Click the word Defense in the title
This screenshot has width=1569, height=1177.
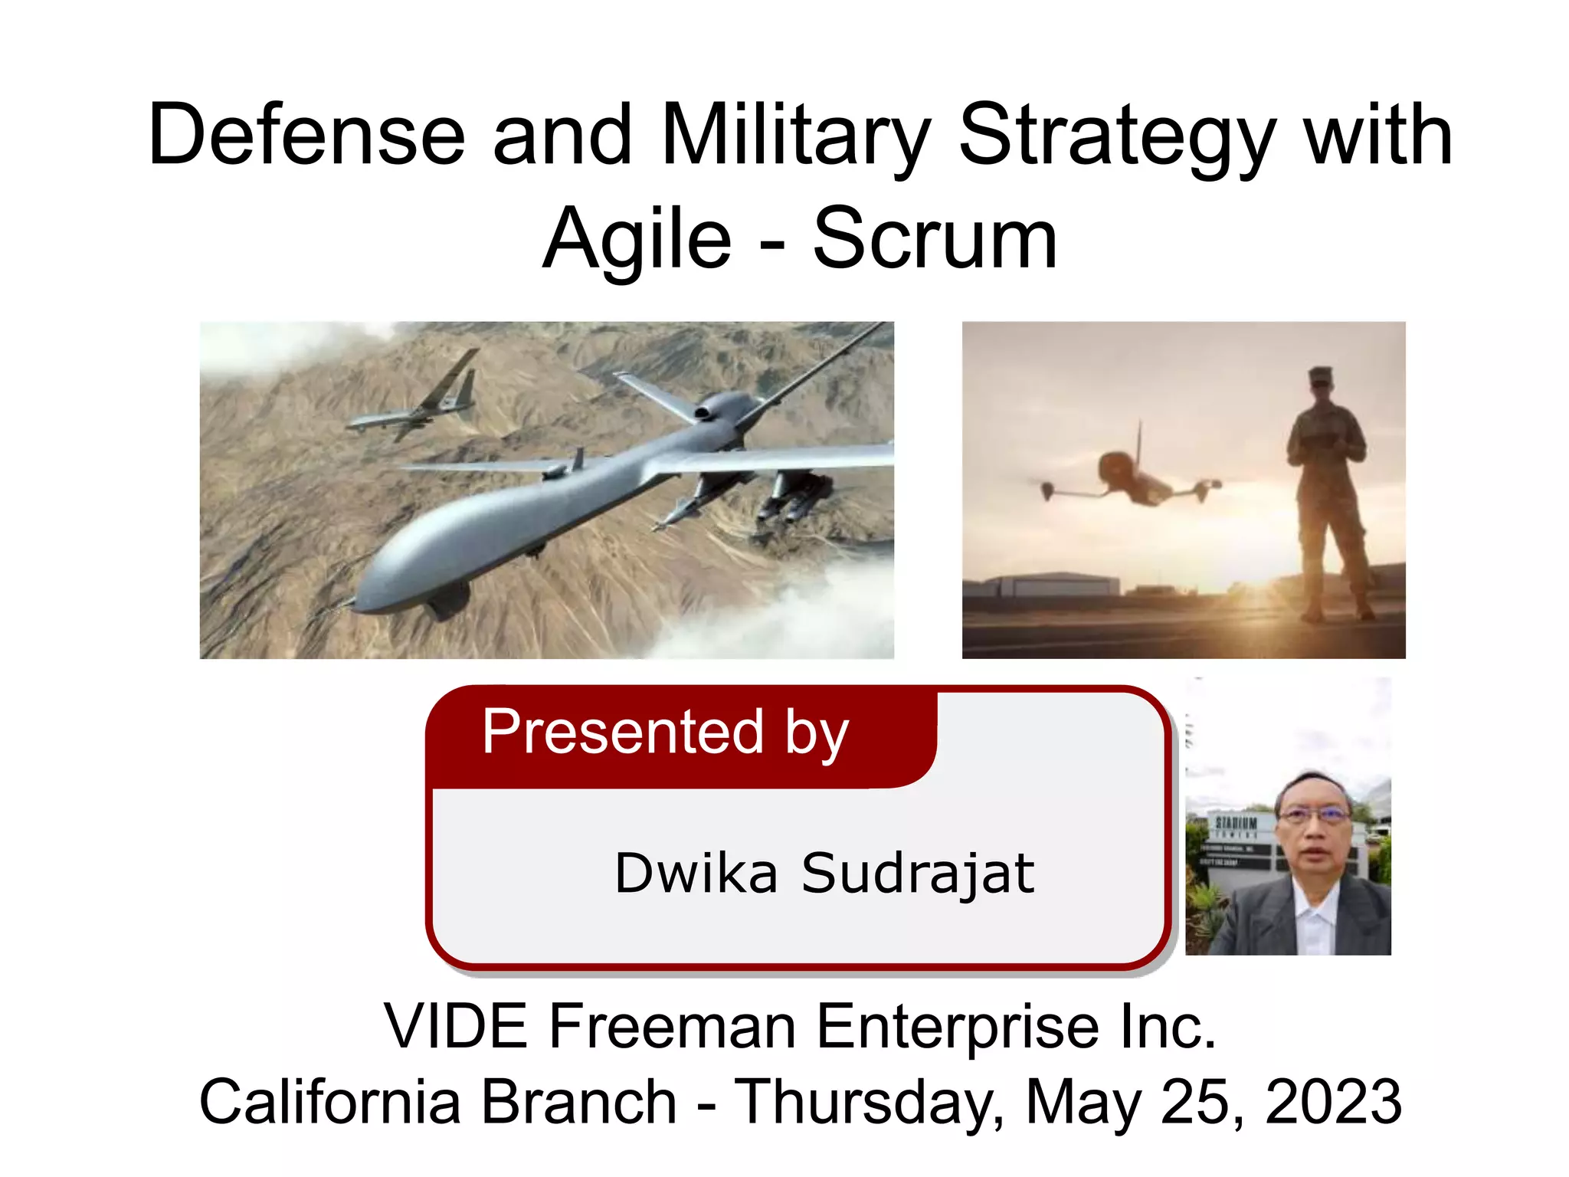pyautogui.click(x=306, y=136)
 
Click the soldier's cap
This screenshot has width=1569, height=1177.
pyautogui.click(x=1322, y=375)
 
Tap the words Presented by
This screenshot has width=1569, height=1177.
pyautogui.click(x=665, y=732)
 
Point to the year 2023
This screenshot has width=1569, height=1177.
pyautogui.click(x=1333, y=1101)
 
